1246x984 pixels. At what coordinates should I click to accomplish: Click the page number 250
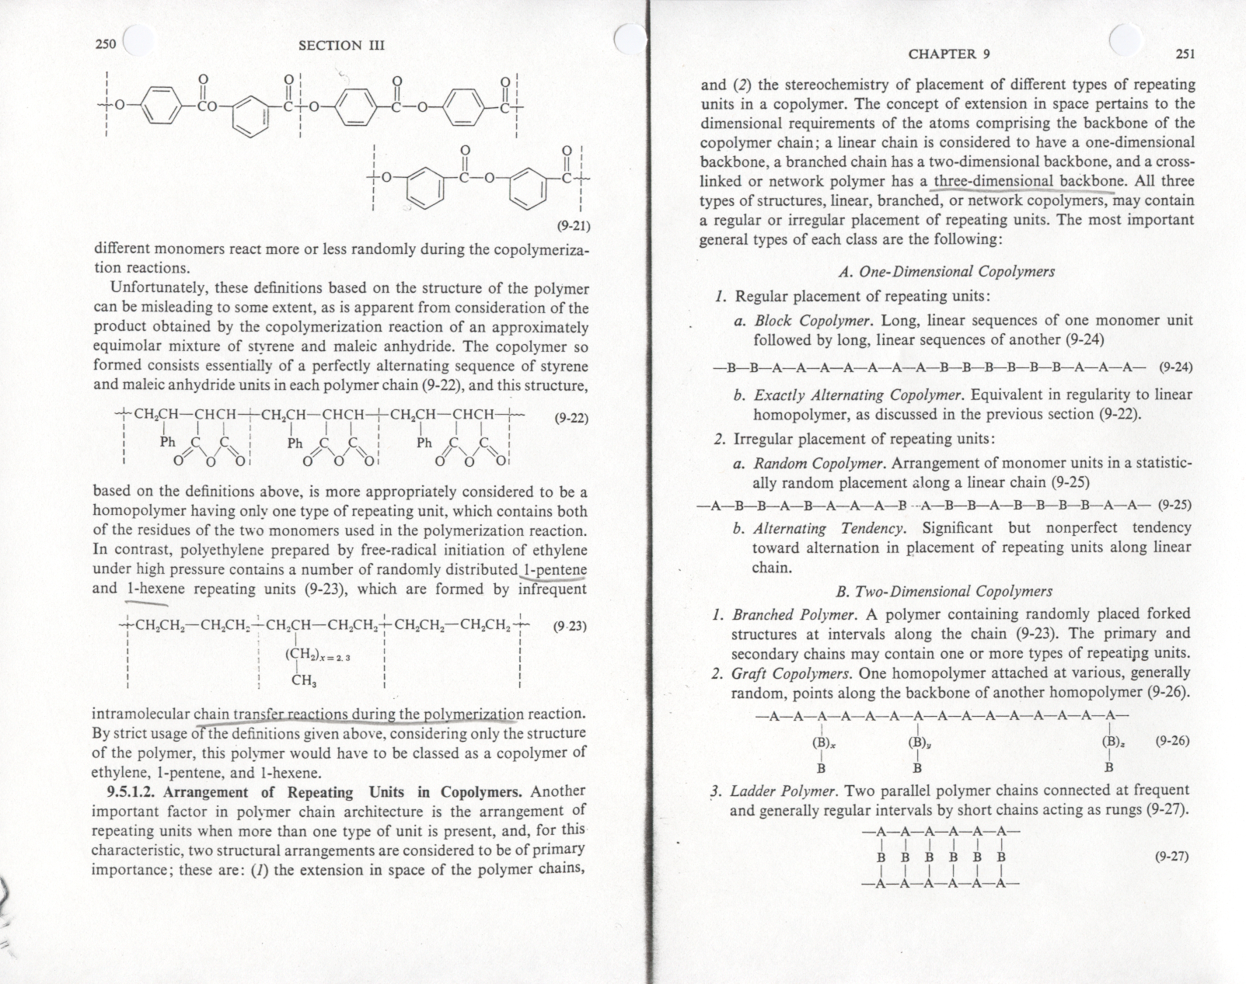[105, 43]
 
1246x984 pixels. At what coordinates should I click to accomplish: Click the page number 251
[1185, 54]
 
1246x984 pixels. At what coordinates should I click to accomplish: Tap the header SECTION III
[341, 45]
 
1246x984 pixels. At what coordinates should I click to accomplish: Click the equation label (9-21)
[574, 227]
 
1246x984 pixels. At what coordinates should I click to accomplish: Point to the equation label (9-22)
[571, 418]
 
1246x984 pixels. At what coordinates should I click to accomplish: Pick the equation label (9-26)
[1172, 741]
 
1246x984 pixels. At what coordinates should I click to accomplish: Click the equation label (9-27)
[1171, 857]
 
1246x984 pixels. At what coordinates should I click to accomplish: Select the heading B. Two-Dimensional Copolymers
[944, 592]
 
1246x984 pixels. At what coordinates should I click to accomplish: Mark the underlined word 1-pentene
[555, 569]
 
